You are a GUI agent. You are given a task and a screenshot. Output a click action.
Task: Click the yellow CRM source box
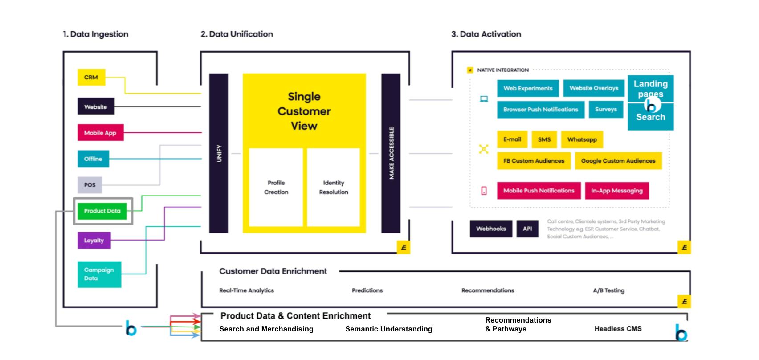click(x=91, y=77)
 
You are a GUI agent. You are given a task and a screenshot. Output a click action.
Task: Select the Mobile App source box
click(x=100, y=133)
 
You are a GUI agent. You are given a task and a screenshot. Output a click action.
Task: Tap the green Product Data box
click(x=102, y=211)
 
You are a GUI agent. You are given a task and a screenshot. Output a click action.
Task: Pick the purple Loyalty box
click(x=94, y=241)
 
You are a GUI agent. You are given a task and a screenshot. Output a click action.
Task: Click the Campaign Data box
click(x=99, y=274)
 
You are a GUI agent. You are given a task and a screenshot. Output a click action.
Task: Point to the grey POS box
click(x=90, y=185)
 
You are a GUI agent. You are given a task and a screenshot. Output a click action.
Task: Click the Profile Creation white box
click(x=276, y=188)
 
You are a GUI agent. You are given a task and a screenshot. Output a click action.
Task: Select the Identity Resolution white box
click(x=334, y=188)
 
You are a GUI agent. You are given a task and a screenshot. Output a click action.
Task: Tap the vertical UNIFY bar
click(x=219, y=153)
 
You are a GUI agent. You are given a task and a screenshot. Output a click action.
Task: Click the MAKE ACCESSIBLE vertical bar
click(x=391, y=153)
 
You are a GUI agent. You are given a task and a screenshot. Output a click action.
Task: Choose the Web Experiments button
click(x=528, y=88)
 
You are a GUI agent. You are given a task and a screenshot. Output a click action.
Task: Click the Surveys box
click(x=606, y=109)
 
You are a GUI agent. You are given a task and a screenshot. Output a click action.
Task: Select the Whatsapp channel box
click(x=582, y=139)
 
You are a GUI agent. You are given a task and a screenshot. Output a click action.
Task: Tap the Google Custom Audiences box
click(x=618, y=161)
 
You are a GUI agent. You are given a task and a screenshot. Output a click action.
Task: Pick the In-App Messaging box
click(x=617, y=191)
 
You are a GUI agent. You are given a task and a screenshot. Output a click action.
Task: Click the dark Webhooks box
click(x=491, y=229)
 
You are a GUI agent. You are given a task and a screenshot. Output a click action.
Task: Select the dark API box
click(x=527, y=229)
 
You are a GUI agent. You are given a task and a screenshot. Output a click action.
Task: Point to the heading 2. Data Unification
click(x=237, y=34)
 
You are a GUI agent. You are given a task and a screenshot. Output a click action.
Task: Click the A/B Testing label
click(x=608, y=290)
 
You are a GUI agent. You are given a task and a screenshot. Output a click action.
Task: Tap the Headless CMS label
click(x=618, y=329)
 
